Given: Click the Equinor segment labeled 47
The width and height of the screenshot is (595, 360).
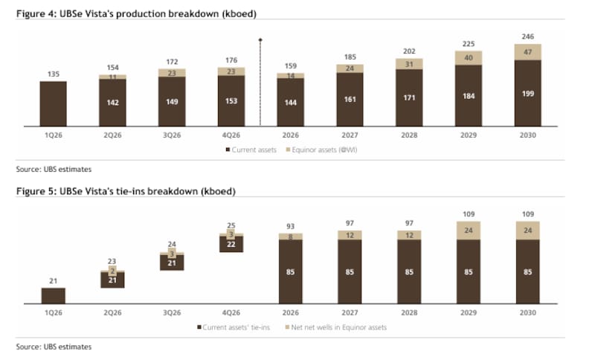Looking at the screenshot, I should (527, 52).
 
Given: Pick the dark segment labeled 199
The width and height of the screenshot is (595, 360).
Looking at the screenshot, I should (527, 94).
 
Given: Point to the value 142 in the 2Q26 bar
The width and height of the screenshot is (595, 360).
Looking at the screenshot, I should (112, 102).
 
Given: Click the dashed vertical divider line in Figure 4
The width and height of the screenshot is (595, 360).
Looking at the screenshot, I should (260, 82).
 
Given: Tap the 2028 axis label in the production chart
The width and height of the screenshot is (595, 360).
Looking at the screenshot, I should (408, 135).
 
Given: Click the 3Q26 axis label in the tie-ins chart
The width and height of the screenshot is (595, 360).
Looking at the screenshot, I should (172, 313).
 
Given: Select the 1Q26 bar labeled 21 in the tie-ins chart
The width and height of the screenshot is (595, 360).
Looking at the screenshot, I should (53, 295).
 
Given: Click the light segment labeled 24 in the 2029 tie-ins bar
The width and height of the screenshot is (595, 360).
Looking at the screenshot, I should (468, 231).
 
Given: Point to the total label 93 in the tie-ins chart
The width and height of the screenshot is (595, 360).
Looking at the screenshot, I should (290, 226).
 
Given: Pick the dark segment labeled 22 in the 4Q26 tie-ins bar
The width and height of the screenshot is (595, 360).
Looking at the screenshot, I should (231, 244).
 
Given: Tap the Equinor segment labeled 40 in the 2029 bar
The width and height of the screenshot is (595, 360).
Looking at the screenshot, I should (468, 57).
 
